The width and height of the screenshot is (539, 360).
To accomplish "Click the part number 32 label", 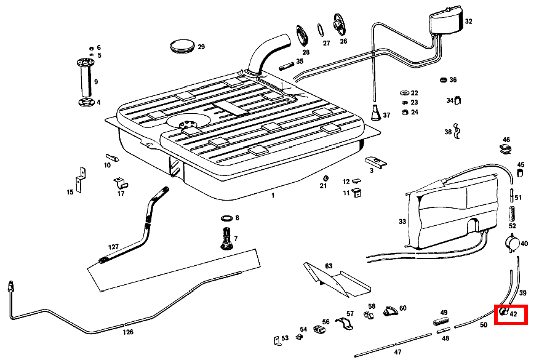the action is pyautogui.click(x=468, y=22).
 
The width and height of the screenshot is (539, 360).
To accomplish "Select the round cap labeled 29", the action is pyautogui.click(x=183, y=46).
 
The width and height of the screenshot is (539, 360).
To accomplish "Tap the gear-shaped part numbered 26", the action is pyautogui.click(x=339, y=25).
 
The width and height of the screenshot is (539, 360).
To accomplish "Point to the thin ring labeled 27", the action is pyautogui.click(x=320, y=30).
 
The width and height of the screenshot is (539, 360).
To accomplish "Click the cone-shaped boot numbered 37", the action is pyautogui.click(x=376, y=113).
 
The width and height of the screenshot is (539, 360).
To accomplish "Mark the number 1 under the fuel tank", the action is pyautogui.click(x=273, y=195).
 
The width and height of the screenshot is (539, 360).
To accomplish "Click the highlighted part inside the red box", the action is pyautogui.click(x=504, y=311).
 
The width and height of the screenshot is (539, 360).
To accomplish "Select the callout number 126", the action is pyautogui.click(x=128, y=332).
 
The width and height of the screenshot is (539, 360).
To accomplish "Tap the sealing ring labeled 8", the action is pyautogui.click(x=226, y=218).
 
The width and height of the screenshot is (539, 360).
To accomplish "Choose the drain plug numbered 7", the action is pyautogui.click(x=226, y=239).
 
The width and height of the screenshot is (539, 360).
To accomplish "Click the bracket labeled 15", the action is pyautogui.click(x=81, y=180).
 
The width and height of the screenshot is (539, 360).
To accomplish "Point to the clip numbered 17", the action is pyautogui.click(x=121, y=183).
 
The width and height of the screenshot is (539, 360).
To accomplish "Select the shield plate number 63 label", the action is pyautogui.click(x=329, y=266).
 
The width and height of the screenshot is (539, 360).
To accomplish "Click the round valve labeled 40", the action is pyautogui.click(x=513, y=243).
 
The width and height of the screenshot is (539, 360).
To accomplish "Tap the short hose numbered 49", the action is pyautogui.click(x=441, y=322).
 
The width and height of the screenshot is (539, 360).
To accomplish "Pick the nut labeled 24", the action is pyautogui.click(x=405, y=112).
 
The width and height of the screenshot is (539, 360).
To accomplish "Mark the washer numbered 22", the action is pyautogui.click(x=405, y=93).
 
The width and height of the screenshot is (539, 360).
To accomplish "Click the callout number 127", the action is pyautogui.click(x=113, y=247).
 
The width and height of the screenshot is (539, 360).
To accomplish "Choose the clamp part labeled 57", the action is pyautogui.click(x=344, y=323).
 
